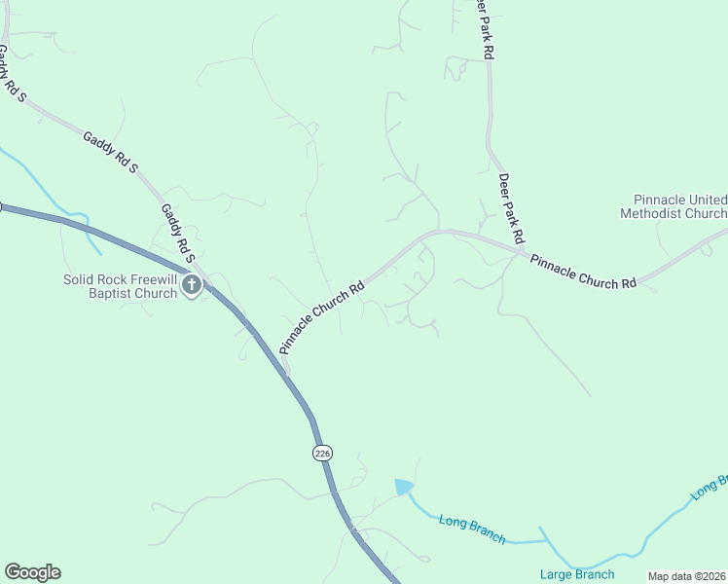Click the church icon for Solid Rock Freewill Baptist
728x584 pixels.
tap(192, 285)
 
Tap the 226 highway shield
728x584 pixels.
tap(323, 453)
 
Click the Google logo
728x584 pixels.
tap(32, 572)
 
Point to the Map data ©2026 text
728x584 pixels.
tap(687, 576)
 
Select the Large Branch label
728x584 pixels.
tap(577, 574)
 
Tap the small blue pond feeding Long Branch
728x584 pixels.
tap(404, 486)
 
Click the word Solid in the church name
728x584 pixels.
tap(83, 279)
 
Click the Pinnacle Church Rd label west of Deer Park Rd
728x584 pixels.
tap(321, 317)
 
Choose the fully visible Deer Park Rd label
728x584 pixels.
tap(512, 208)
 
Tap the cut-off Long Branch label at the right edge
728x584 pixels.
tap(710, 487)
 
